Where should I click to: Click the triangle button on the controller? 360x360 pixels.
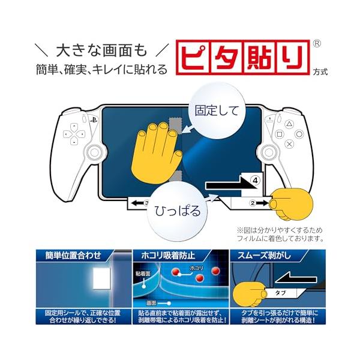pyautogui.click(x=289, y=124)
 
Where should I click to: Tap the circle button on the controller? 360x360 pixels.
pyautogui.click(x=299, y=134)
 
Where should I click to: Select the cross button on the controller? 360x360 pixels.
pyautogui.click(x=289, y=144)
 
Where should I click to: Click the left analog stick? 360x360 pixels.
pyautogui.click(x=94, y=152)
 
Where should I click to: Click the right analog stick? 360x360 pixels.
pyautogui.click(x=268, y=152)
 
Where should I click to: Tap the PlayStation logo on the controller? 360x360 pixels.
pyautogui.click(x=94, y=120)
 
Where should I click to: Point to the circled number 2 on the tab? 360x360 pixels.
pyautogui.click(x=253, y=203)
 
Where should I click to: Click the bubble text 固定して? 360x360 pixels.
pyautogui.click(x=217, y=111)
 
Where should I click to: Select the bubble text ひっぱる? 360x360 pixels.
pyautogui.click(x=178, y=211)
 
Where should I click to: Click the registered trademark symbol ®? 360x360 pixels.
pyautogui.click(x=317, y=44)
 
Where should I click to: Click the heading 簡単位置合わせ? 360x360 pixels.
pyautogui.click(x=73, y=256)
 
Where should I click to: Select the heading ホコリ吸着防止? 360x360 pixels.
pyautogui.click(x=168, y=256)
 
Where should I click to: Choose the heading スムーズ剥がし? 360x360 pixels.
pyautogui.click(x=264, y=256)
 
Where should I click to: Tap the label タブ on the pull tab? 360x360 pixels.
pyautogui.click(x=280, y=293)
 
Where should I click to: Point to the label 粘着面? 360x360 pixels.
pyautogui.click(x=143, y=274)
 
